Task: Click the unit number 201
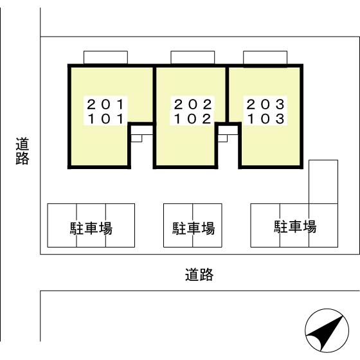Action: point(105,104)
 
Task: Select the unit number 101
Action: point(105,119)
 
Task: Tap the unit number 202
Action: point(193,104)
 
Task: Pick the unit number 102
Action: point(193,119)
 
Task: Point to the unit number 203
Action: point(265,104)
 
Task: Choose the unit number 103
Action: point(265,119)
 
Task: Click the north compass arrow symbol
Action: point(327,330)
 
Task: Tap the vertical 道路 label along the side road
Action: point(22,151)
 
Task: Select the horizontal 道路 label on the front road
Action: point(199,274)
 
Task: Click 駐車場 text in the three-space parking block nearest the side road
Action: point(91,228)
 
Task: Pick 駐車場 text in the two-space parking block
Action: point(194,228)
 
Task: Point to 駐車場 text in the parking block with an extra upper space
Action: point(295,226)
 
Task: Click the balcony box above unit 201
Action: point(105,57)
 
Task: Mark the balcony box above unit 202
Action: point(193,57)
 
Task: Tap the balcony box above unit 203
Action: point(265,57)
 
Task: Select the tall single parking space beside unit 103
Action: point(323,181)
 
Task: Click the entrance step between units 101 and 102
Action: point(136,138)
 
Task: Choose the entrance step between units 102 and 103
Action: point(222,138)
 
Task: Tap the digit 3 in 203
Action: point(280,104)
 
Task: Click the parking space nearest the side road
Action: point(62,225)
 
